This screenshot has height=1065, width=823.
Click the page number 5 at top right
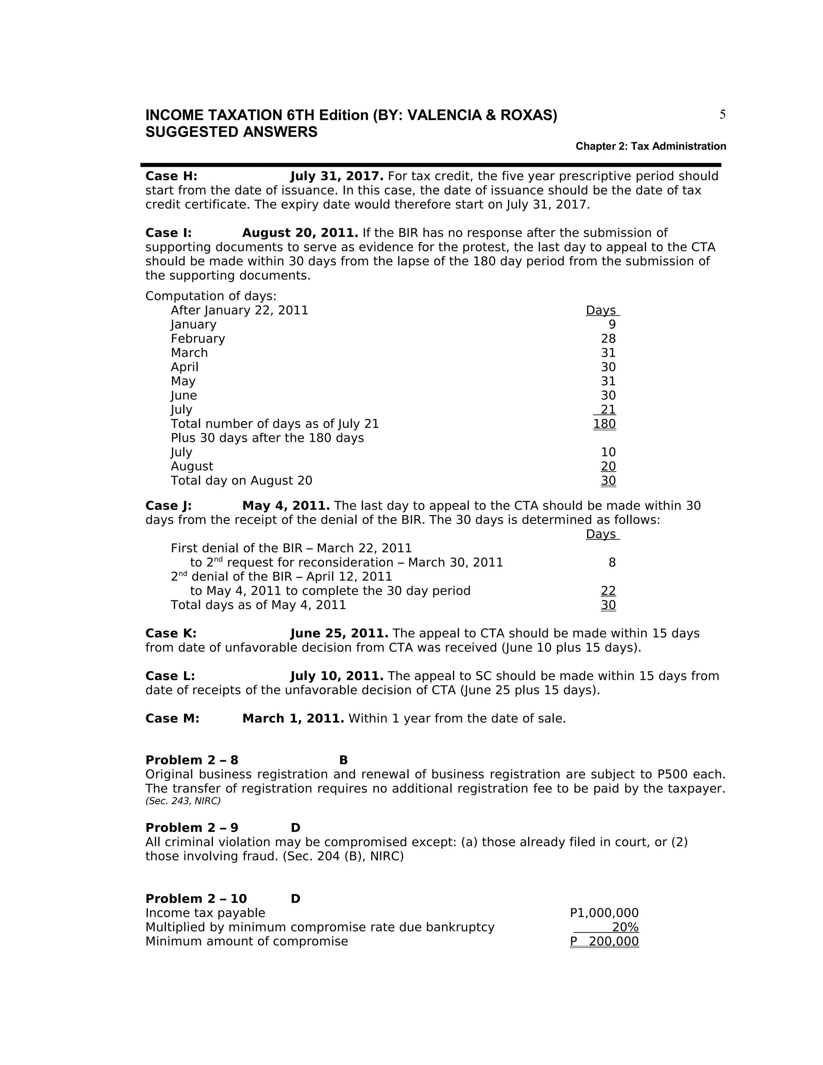[x=722, y=115]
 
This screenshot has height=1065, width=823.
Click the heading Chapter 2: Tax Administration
[x=651, y=146]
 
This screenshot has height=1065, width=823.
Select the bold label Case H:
[x=171, y=176]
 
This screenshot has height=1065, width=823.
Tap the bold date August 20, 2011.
[x=300, y=233]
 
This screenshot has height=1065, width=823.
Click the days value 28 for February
[x=608, y=339]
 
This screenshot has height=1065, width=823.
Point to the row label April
[x=184, y=367]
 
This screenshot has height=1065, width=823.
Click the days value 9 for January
[x=612, y=325]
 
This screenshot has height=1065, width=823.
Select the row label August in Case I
[x=192, y=467]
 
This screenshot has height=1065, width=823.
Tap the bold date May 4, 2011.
[x=286, y=506]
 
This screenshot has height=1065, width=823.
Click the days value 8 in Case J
[x=612, y=563]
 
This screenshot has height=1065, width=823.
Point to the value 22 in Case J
[x=608, y=591]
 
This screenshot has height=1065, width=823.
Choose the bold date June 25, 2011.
[x=339, y=633]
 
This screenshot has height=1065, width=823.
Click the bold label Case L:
[x=170, y=676]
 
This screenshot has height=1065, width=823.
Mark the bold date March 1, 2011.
[x=293, y=719]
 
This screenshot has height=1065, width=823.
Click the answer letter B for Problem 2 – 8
[x=343, y=760]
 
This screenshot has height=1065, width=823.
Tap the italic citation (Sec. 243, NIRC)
[x=183, y=801]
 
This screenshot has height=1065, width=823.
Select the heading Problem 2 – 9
[x=192, y=828]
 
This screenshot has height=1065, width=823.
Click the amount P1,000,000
[x=604, y=913]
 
